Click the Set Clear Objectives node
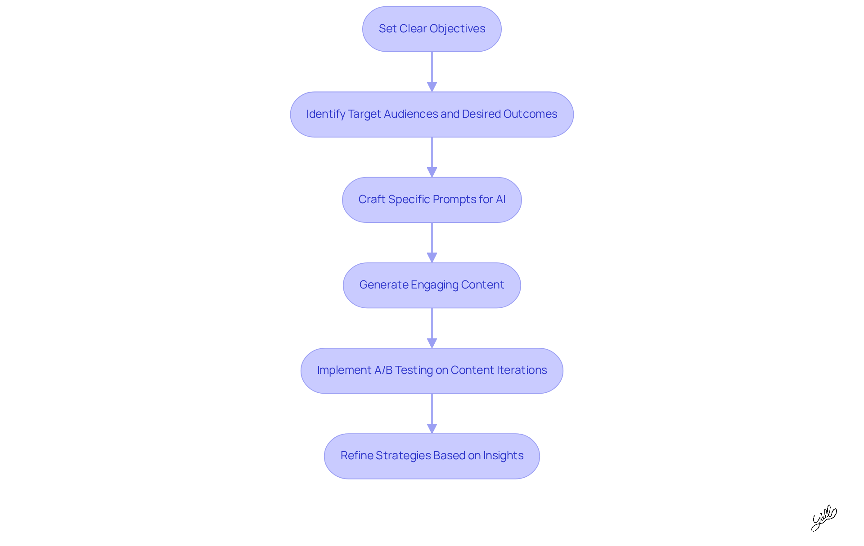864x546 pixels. pos(432,29)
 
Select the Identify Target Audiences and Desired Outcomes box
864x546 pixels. pos(432,114)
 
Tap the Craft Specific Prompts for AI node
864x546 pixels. pos(432,200)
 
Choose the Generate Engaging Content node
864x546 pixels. pos(432,285)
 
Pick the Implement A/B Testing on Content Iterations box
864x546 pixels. pos(432,370)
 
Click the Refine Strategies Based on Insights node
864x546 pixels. pos(432,456)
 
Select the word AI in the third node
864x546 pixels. pos(500,200)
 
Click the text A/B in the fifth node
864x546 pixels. pos(383,370)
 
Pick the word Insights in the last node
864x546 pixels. pos(503,456)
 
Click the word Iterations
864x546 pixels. pos(522,370)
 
